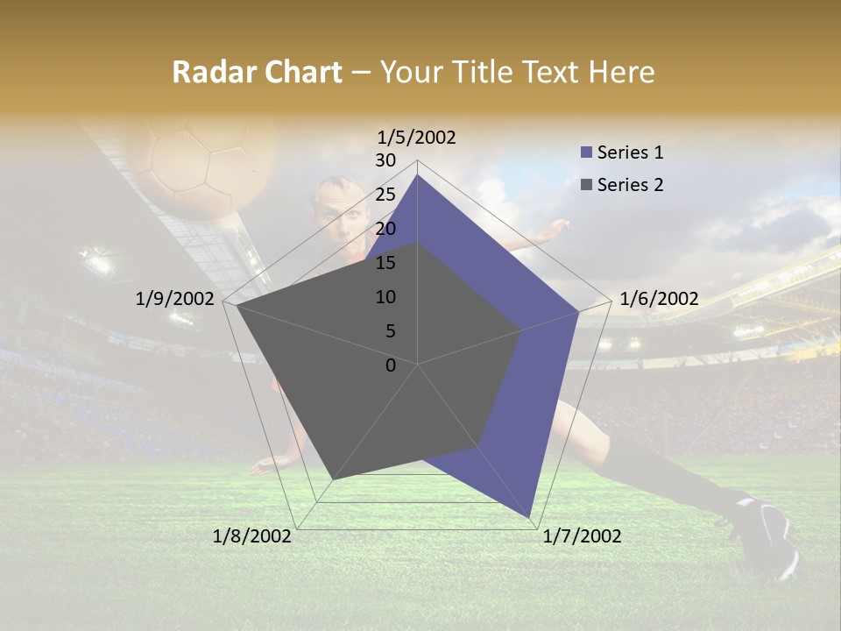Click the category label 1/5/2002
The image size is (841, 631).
coord(417,138)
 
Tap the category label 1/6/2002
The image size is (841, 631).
coord(659,299)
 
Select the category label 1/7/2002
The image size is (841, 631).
coord(582,536)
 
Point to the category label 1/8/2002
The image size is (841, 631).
coord(251,536)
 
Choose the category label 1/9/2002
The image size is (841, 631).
coord(175,299)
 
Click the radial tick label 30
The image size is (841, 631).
coord(385,160)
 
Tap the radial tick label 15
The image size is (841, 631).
coord(385,263)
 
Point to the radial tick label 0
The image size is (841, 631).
coord(391,365)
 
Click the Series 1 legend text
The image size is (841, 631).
coord(630,152)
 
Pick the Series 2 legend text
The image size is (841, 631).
coord(630,185)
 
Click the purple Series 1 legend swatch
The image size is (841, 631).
coord(586,152)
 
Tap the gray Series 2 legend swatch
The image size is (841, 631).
coord(586,185)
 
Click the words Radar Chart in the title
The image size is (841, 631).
coord(257,73)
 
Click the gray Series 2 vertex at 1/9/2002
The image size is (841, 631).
coord(237,306)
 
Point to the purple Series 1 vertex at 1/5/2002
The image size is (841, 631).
coord(417,175)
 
